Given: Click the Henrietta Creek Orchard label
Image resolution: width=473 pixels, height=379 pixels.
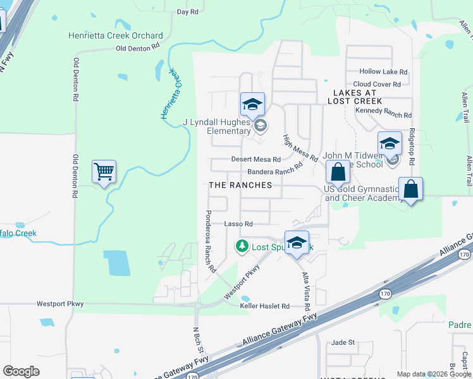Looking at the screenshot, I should [116, 36].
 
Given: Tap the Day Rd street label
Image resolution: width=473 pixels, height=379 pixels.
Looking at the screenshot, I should [188, 11].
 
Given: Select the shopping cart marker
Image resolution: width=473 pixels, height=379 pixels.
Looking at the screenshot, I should [104, 171].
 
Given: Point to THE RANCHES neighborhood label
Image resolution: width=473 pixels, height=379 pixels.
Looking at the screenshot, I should [240, 185].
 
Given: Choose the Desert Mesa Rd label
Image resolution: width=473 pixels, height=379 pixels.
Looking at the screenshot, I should [255, 160].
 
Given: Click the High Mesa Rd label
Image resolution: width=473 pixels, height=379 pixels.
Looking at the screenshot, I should [300, 148].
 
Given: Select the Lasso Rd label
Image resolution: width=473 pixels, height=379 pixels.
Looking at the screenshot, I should [238, 224].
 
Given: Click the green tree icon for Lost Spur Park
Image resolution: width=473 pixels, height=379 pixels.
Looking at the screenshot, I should [242, 246].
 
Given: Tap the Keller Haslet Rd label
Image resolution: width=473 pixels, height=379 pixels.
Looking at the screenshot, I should [264, 306].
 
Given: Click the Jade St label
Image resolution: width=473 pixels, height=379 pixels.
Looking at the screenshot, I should [343, 342].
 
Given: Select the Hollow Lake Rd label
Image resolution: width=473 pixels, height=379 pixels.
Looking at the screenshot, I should [383, 72].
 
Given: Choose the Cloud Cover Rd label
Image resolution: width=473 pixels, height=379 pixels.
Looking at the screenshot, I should [377, 84].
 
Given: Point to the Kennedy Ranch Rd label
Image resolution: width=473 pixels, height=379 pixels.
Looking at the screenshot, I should [383, 115].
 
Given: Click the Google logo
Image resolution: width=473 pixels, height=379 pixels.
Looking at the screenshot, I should [21, 371].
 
